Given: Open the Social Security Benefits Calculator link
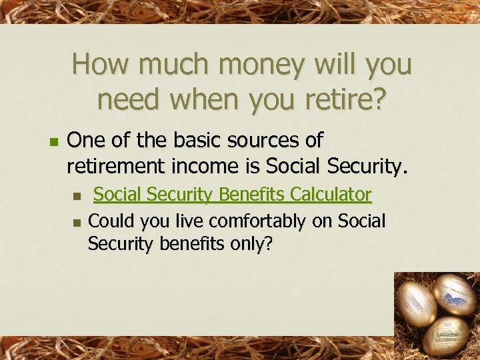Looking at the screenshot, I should pyautogui.click(x=232, y=194).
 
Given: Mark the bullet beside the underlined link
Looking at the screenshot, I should pyautogui.click(x=77, y=196).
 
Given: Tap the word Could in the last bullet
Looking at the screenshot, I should pyautogui.click(x=111, y=221).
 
